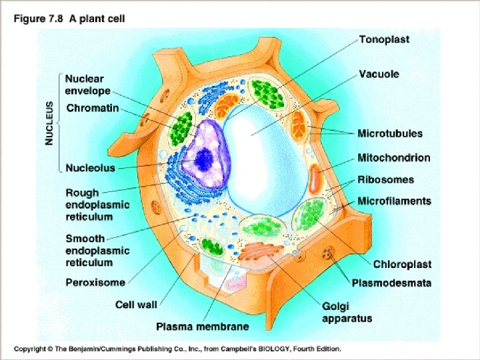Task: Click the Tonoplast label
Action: (x=384, y=39)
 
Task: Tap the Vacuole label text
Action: (x=379, y=73)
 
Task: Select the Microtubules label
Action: (x=390, y=133)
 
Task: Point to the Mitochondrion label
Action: (x=393, y=158)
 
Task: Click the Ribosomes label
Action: (x=385, y=180)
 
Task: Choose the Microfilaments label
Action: (x=394, y=201)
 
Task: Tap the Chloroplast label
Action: (x=402, y=265)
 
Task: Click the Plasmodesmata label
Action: (x=391, y=283)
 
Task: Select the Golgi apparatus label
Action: (x=347, y=312)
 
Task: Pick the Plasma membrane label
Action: (x=203, y=327)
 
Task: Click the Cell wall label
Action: (x=136, y=305)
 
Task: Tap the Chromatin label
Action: (x=92, y=107)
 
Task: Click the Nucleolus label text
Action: (x=90, y=168)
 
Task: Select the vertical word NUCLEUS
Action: (x=49, y=123)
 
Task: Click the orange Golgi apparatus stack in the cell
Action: (x=263, y=254)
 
